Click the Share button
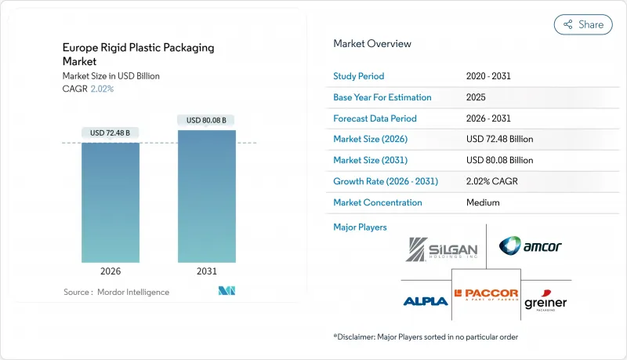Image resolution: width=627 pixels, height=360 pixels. click(583, 24)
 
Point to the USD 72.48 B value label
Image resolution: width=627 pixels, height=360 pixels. click(111, 132)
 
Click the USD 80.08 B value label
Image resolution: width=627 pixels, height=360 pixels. click(206, 120)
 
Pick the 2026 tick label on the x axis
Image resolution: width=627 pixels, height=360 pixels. click(111, 272)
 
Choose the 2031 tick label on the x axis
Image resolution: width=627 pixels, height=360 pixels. click(206, 272)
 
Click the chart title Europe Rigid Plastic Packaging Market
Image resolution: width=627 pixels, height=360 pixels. click(138, 54)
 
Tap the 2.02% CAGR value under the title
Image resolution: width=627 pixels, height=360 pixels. click(102, 89)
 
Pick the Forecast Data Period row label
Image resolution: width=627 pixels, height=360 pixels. click(375, 118)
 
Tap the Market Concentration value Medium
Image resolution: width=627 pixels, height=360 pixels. click(484, 202)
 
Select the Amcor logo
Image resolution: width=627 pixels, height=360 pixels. click(530, 246)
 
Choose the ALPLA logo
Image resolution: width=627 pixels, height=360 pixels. click(426, 300)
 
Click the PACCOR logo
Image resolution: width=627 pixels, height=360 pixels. click(486, 296)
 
